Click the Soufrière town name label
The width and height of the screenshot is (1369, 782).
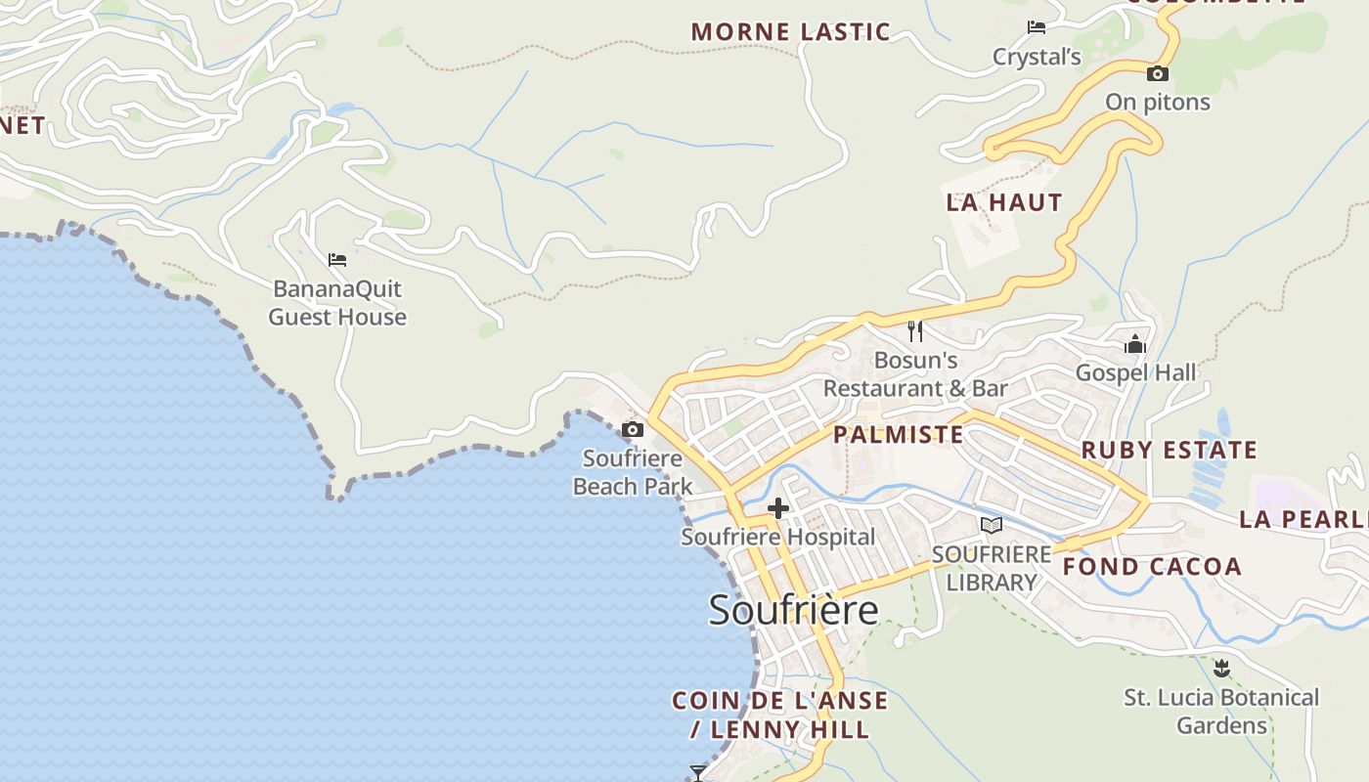(793, 610)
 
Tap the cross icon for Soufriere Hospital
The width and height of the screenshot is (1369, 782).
(778, 508)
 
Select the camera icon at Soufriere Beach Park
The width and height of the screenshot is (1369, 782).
(633, 429)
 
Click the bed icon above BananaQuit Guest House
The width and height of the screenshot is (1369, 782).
(337, 260)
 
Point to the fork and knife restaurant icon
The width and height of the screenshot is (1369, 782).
(915, 331)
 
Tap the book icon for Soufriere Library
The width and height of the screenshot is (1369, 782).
(992, 526)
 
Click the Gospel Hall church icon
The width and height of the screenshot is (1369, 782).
(1135, 344)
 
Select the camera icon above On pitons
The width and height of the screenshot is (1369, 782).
(1158, 74)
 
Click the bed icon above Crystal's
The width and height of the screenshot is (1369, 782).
(1037, 27)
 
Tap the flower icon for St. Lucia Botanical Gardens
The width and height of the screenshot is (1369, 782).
(1220, 669)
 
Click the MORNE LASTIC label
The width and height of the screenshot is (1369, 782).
(791, 31)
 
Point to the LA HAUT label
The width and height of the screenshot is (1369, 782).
(1004, 202)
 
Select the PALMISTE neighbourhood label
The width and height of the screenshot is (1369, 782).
(899, 434)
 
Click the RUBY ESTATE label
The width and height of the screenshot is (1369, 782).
(1169, 451)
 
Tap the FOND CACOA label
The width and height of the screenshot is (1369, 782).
(1152, 566)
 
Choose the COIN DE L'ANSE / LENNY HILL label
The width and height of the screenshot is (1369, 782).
(780, 715)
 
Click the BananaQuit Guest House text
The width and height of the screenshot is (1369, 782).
(337, 303)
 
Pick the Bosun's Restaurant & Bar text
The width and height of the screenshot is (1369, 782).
(915, 374)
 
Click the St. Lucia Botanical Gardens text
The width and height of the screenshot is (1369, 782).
(1221, 712)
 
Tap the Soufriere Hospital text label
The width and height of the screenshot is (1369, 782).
(778, 537)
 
